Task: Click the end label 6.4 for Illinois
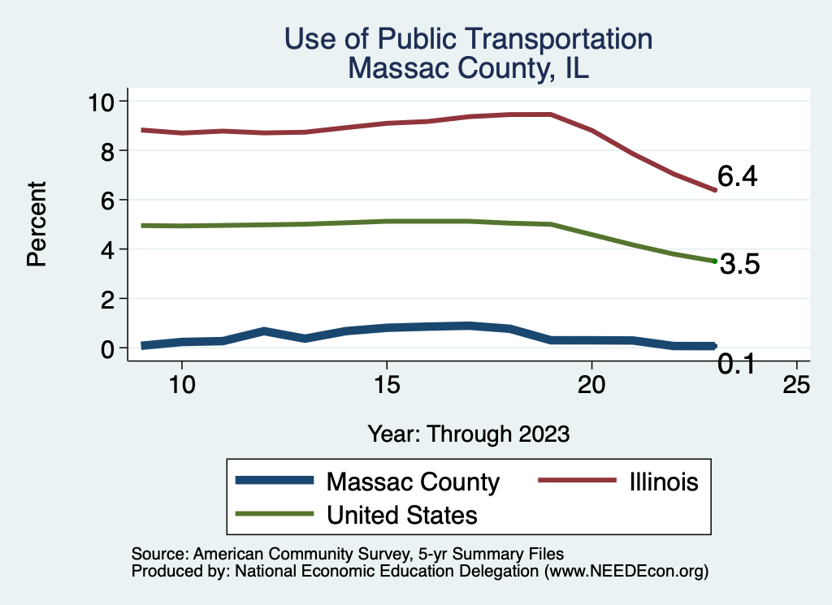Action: (x=737, y=177)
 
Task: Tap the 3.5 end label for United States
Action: (x=739, y=265)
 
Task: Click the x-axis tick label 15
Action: (x=387, y=385)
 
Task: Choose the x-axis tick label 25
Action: (x=796, y=385)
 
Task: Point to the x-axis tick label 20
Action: (x=591, y=385)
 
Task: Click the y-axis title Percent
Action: (x=35, y=224)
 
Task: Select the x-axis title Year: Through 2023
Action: (x=468, y=433)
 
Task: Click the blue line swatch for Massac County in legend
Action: (x=275, y=481)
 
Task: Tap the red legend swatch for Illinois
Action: (x=576, y=481)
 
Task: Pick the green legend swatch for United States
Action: (x=275, y=514)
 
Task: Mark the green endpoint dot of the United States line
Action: (x=714, y=261)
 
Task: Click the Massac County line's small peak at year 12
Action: (x=264, y=331)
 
